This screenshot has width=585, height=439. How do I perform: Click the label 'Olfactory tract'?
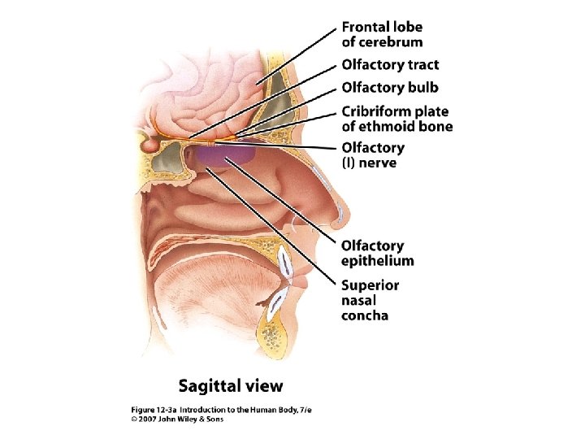(390, 65)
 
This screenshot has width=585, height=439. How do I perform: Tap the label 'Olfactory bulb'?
(389, 87)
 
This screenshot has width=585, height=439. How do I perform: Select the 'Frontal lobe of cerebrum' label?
(382, 35)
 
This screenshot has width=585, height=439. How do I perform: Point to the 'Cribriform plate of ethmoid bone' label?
(396, 119)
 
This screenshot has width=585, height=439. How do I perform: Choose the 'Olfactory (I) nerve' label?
(372, 155)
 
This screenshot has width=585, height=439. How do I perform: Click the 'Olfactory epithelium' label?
(377, 253)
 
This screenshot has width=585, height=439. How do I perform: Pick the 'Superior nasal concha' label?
(370, 300)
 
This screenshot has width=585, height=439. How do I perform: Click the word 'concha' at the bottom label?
(365, 315)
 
